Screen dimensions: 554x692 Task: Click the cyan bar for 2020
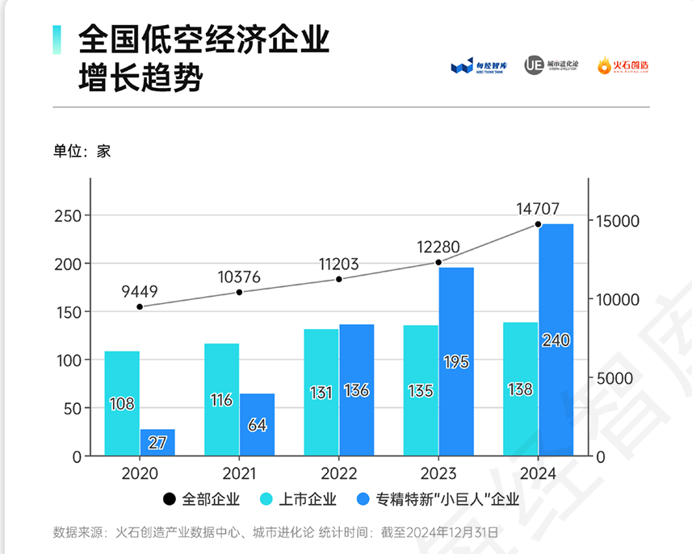122,403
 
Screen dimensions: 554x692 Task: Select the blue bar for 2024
556,339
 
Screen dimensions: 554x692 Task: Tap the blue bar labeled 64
257,424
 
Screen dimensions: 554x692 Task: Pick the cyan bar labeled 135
421,390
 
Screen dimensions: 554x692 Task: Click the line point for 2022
339,279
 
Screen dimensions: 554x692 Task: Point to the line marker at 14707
538,224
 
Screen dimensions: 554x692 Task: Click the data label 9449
140,291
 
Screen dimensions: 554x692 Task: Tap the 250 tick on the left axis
67,216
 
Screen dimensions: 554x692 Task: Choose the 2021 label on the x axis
240,474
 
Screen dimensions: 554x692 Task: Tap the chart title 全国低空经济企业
203,39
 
